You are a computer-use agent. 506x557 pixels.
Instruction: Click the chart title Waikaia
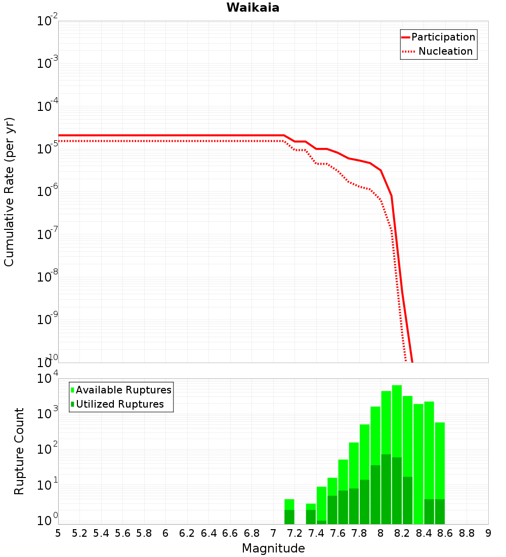pyautogui.click(x=252, y=8)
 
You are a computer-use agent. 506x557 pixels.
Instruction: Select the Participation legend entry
pyautogui.click(x=443, y=37)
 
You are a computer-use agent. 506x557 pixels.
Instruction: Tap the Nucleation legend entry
pyautogui.click(x=445, y=51)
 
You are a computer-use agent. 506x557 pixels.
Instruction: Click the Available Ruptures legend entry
pyautogui.click(x=123, y=390)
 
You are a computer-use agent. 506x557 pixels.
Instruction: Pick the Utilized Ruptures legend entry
pyautogui.click(x=119, y=404)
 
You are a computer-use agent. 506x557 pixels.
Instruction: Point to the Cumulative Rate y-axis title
pyautogui.click(x=9, y=192)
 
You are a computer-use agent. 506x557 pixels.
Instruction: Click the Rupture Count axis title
pyautogui.click(x=19, y=451)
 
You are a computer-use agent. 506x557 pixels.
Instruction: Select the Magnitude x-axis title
pyautogui.click(x=273, y=548)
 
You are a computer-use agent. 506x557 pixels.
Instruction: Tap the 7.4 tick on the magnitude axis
pyautogui.click(x=316, y=533)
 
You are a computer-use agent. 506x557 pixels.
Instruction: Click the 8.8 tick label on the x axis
pyautogui.click(x=467, y=533)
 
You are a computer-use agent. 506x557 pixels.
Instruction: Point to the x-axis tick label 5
pyautogui.click(x=58, y=533)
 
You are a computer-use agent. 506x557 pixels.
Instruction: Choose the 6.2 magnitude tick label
pyautogui.click(x=187, y=533)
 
